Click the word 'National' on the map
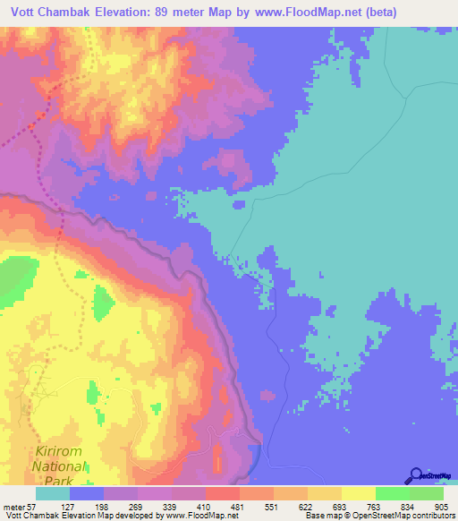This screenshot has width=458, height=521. tap(58, 466)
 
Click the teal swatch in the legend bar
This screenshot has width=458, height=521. tap(53, 493)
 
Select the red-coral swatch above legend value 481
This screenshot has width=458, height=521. tap(223, 493)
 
